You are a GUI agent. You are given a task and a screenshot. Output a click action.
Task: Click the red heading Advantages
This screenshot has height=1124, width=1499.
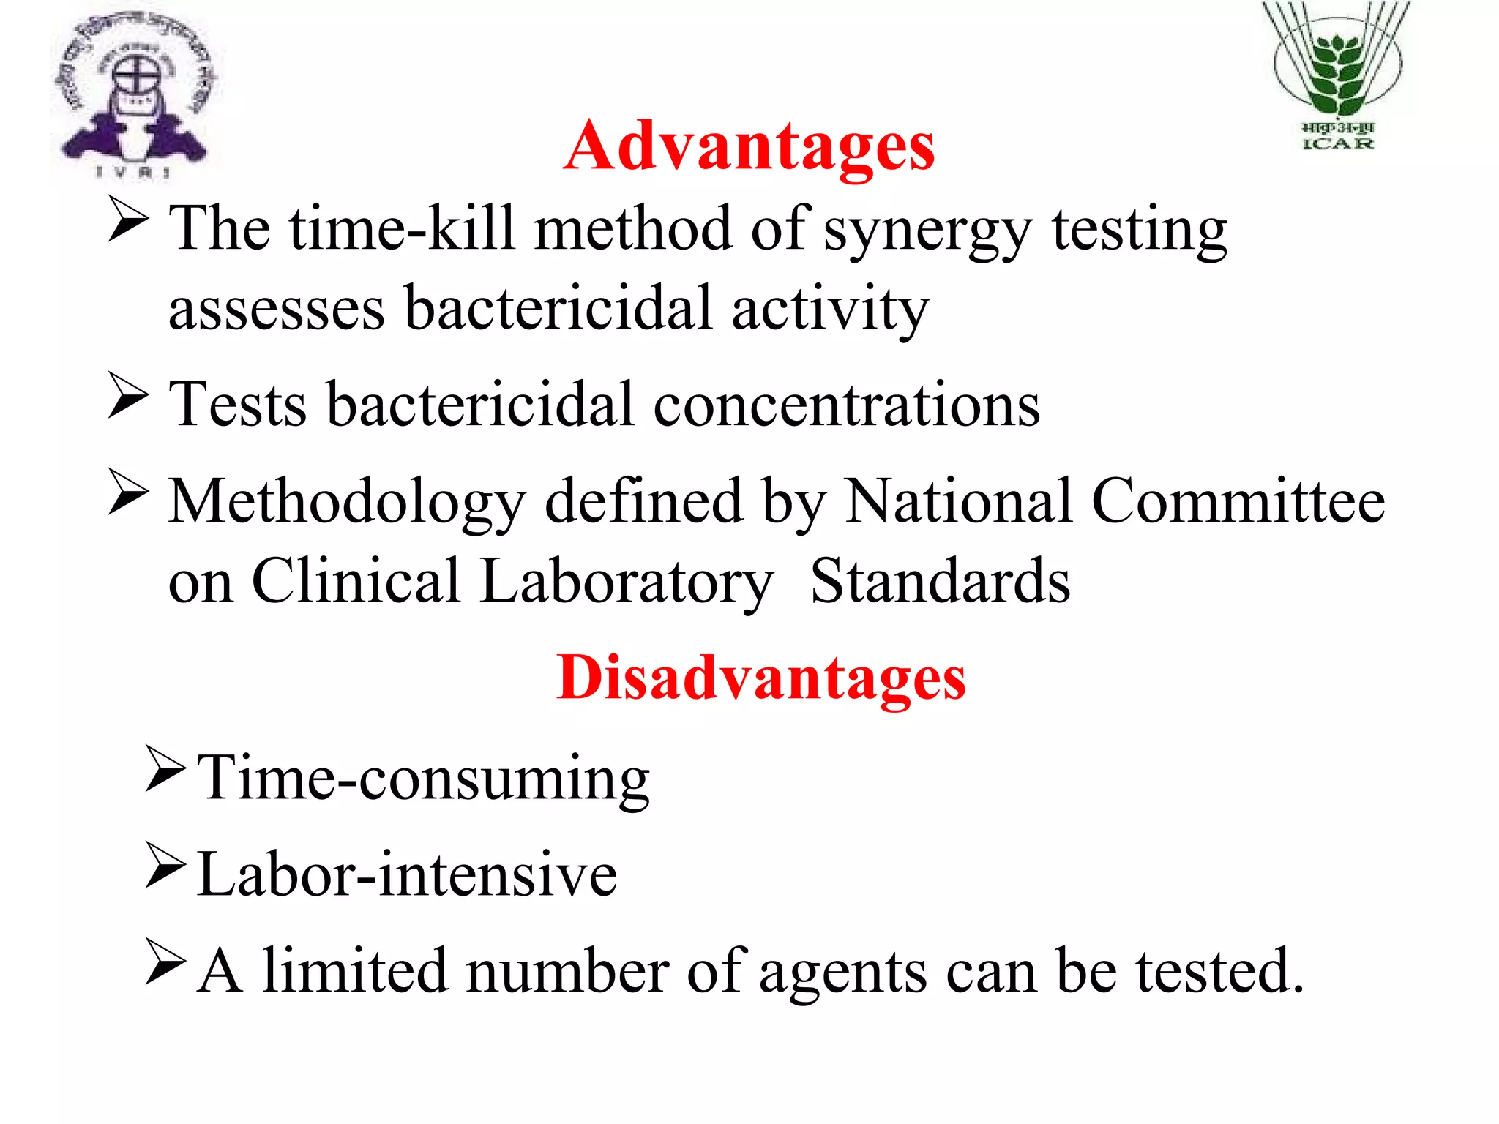pyautogui.click(x=749, y=146)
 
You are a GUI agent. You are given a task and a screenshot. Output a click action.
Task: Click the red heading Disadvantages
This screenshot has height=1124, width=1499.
pyautogui.click(x=761, y=678)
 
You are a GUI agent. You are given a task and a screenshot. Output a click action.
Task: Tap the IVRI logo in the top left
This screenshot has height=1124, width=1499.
pyautogui.click(x=136, y=95)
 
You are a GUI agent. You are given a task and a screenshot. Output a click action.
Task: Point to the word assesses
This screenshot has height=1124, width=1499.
pyautogui.click(x=277, y=309)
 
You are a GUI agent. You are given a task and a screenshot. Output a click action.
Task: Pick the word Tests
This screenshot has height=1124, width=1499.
pyautogui.click(x=238, y=404)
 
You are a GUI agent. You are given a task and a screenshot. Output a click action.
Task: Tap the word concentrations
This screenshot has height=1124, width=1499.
pyautogui.click(x=846, y=404)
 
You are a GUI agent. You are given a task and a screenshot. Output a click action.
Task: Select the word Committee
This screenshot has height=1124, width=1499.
pyautogui.click(x=1238, y=501)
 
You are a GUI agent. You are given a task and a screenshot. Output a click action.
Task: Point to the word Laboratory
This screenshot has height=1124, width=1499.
pyautogui.click(x=627, y=582)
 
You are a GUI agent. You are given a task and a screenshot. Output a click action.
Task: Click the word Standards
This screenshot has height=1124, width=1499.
pyautogui.click(x=941, y=581)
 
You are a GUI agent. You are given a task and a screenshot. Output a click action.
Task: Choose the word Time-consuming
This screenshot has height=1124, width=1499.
pyautogui.click(x=424, y=779)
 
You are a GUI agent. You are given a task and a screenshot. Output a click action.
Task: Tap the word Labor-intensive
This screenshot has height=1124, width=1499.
pyautogui.click(x=408, y=874)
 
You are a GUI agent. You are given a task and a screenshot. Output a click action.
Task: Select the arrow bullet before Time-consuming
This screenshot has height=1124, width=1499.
pyautogui.click(x=165, y=769)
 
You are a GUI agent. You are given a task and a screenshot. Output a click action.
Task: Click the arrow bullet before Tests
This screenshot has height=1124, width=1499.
pyautogui.click(x=128, y=395)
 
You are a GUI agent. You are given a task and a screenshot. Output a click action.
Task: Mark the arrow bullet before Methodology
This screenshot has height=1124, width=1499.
pyautogui.click(x=128, y=492)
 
